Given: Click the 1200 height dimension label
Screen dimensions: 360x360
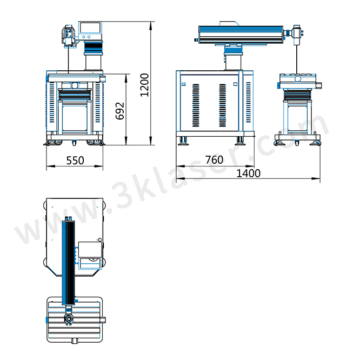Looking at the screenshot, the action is click(145, 85).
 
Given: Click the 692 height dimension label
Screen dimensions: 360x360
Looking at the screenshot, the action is click(120, 111).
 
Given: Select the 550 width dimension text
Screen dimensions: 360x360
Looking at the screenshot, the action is click(75, 160).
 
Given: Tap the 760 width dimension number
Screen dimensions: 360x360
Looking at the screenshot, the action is click(214, 160).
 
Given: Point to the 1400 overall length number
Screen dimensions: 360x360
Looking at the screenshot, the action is click(249, 173).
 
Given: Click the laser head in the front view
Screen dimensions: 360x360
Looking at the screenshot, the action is click(69, 36).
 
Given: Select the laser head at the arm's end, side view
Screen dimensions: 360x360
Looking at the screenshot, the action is click(297, 35).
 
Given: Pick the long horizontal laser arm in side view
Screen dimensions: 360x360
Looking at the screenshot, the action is click(241, 34).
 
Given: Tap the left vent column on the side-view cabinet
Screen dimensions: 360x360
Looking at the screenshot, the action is click(196, 105).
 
